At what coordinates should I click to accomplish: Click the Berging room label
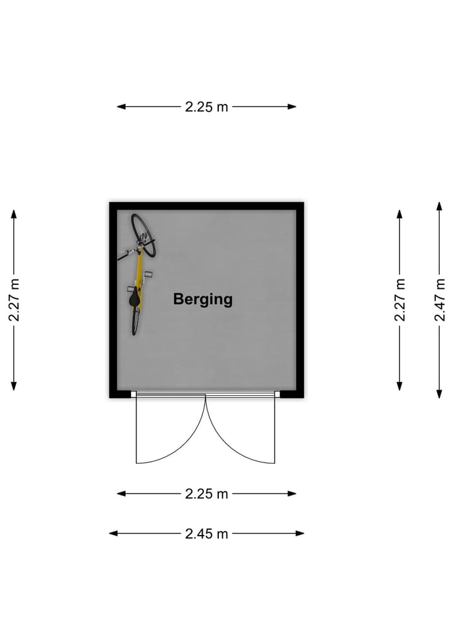(203, 299)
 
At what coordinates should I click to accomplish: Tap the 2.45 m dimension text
(206, 534)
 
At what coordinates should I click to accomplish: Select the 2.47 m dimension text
(440, 300)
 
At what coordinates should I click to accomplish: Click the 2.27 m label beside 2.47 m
(400, 300)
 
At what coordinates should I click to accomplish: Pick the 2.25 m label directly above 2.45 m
(206, 494)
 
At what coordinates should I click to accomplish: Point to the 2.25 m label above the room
(206, 107)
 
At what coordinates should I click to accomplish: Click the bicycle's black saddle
(134, 298)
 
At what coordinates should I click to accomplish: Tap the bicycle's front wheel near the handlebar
(143, 235)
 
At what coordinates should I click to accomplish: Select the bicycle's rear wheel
(135, 321)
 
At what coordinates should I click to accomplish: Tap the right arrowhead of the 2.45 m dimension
(300, 534)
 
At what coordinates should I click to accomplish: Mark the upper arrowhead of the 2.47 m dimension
(439, 206)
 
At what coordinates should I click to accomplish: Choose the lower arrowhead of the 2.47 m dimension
(439, 394)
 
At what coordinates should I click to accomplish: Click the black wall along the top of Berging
(206, 206)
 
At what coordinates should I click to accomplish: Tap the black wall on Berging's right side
(300, 300)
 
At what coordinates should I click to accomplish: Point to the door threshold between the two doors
(205, 394)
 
